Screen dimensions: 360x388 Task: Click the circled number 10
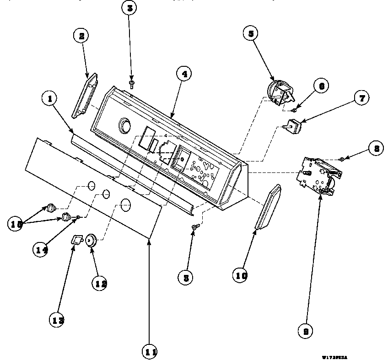pyautogui.click(x=242, y=275)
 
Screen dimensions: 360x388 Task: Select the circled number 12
pyautogui.click(x=101, y=283)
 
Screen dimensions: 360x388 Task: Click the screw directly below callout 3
pyautogui.click(x=131, y=83)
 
